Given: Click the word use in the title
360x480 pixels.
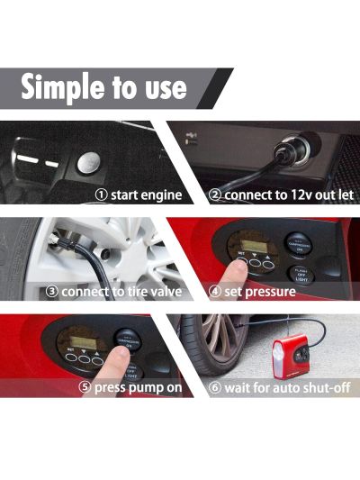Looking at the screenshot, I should coord(162,87).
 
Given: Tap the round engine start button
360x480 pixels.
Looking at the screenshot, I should coord(88,162).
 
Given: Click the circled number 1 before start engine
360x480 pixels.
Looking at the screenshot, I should coord(102,195).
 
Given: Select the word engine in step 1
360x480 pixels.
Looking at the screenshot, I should coord(161,195).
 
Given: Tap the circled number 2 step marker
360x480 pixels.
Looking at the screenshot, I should coord(216,195).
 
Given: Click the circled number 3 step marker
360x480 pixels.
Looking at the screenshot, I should coord(53,292).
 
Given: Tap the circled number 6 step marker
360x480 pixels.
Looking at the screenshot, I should coord(217,388).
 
